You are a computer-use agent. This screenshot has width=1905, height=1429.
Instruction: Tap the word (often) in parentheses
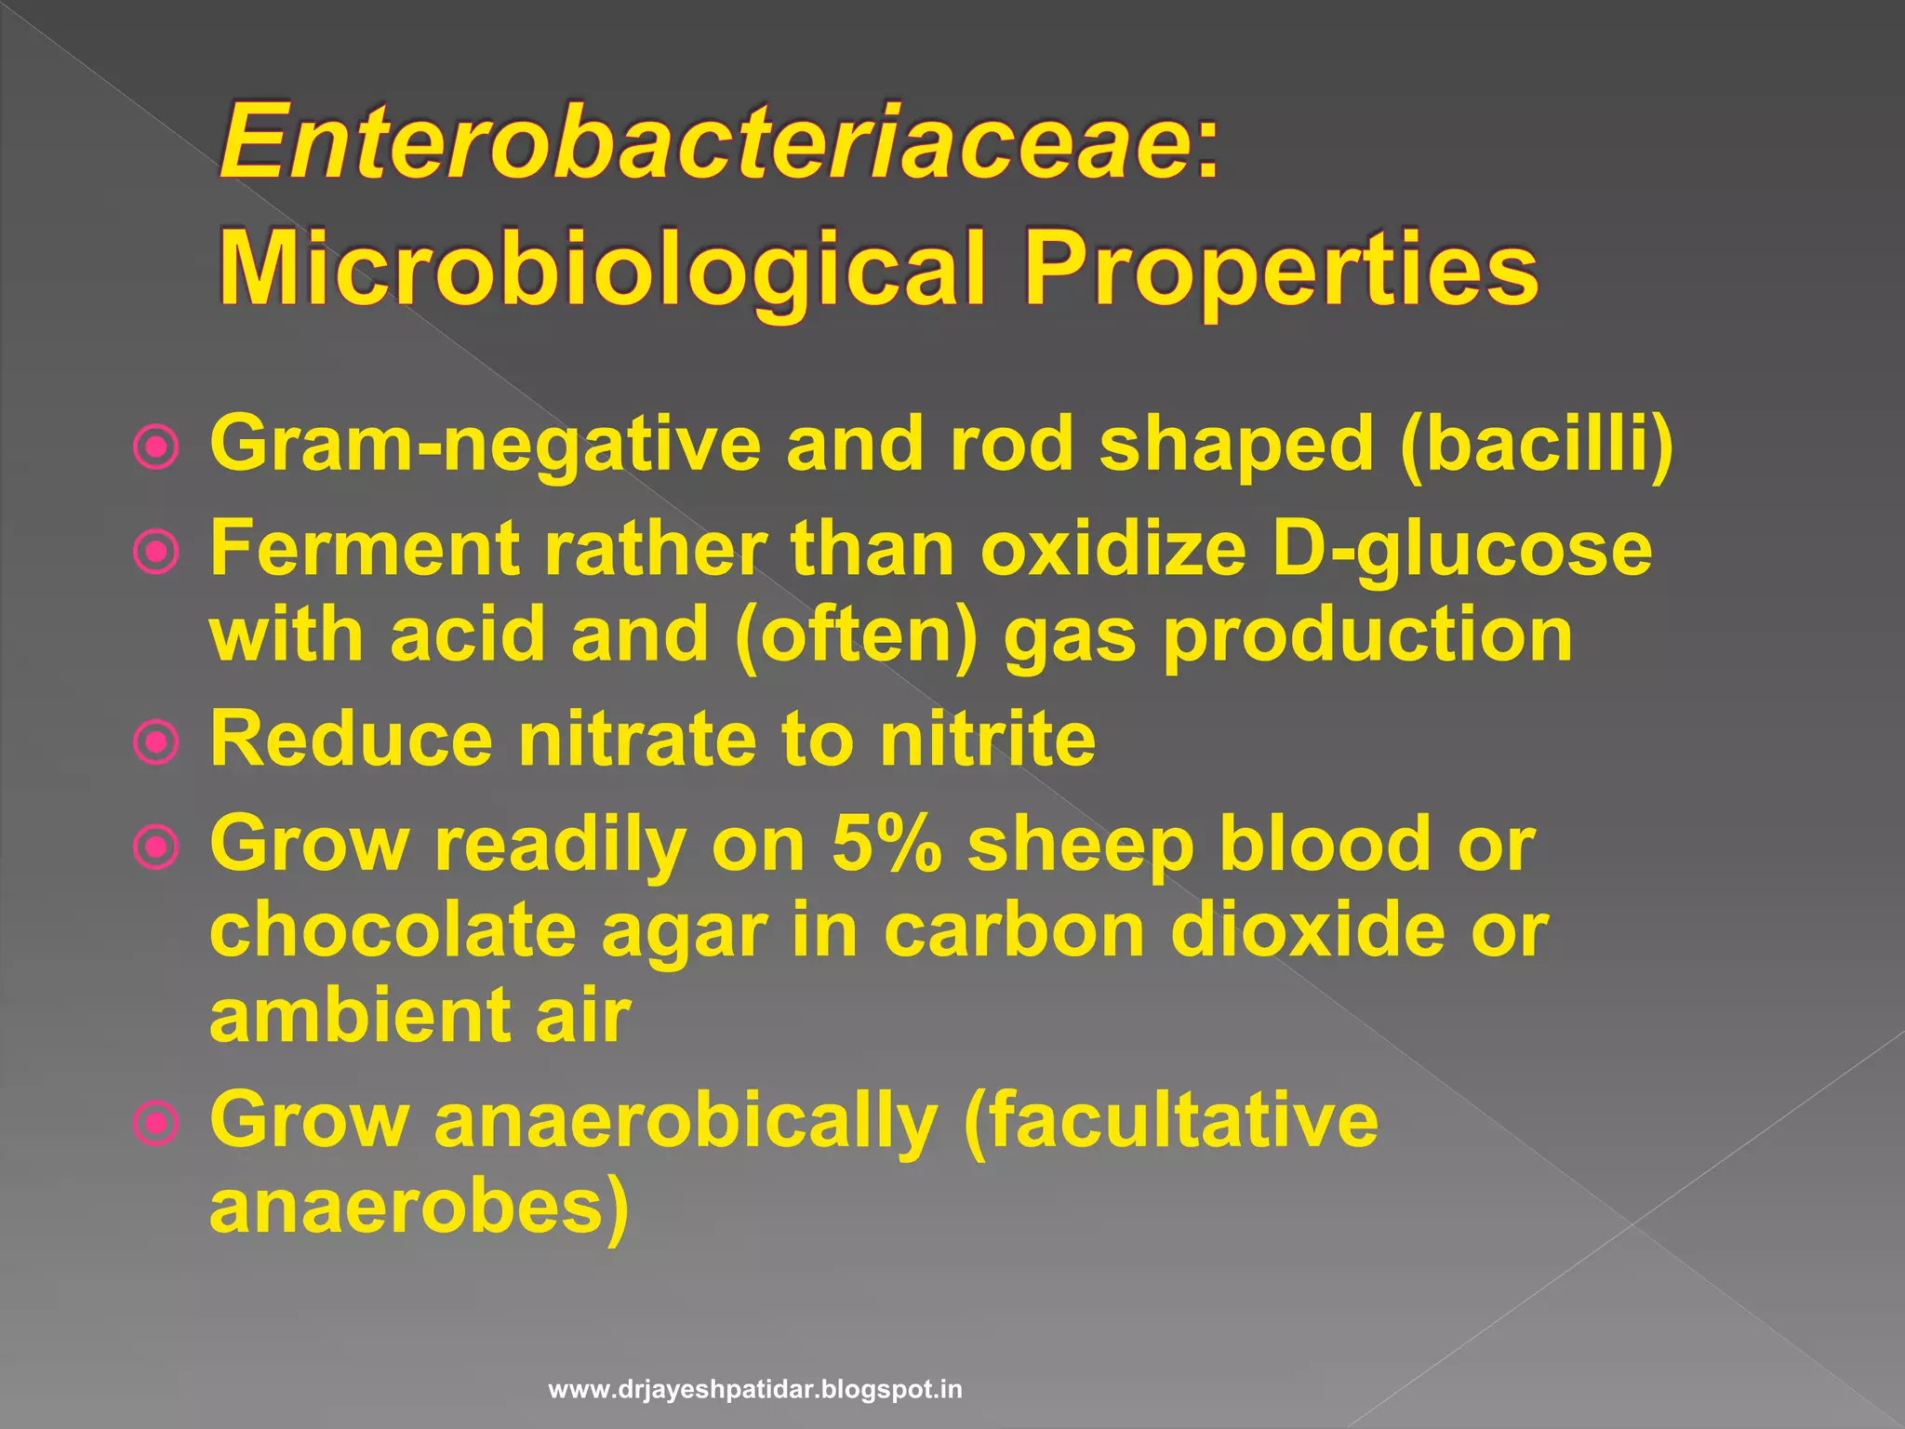point(856,636)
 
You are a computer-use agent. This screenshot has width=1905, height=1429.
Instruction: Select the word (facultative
point(1172,1120)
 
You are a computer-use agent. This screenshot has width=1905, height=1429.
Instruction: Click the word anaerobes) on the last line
point(420,1208)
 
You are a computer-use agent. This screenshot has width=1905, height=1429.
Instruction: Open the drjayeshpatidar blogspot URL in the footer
point(755,1390)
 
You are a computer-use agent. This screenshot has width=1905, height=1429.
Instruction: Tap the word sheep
point(1080,847)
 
